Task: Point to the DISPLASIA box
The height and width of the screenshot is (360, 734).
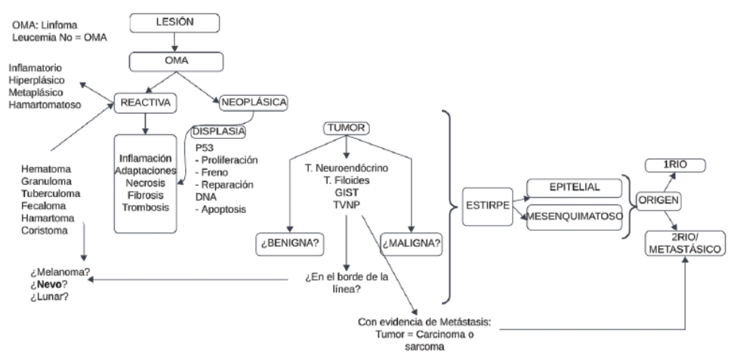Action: (x=218, y=131)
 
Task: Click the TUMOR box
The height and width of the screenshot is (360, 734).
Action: (x=345, y=128)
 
